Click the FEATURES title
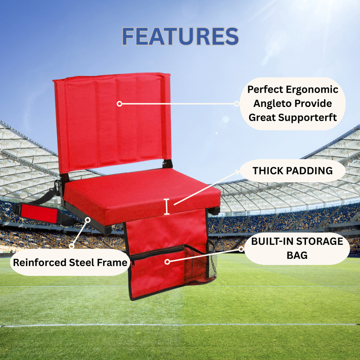pos(180,37)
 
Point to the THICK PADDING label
pos(292,171)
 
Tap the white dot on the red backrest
pos(119,103)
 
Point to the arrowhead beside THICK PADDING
pos(237,172)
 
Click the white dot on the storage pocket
pos(167,261)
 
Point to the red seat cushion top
pos(142,187)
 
